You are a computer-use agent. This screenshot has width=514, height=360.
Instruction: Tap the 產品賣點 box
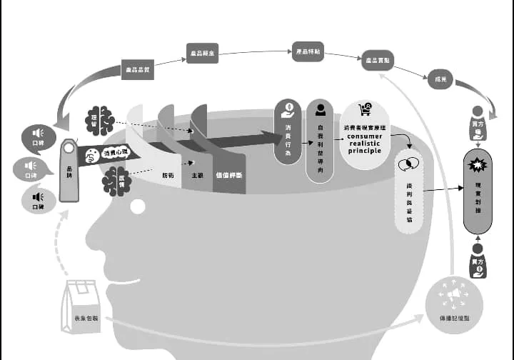point(377,61)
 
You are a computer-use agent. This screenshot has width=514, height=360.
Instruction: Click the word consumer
point(365,136)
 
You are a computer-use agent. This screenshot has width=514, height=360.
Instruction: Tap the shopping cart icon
point(365,110)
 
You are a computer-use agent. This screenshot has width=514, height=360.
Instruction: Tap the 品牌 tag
point(69,170)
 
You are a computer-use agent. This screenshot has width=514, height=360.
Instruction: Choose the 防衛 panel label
point(167,174)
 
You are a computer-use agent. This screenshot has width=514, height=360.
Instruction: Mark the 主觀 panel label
point(196,174)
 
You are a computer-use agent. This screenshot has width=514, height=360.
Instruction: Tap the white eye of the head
point(137,206)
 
